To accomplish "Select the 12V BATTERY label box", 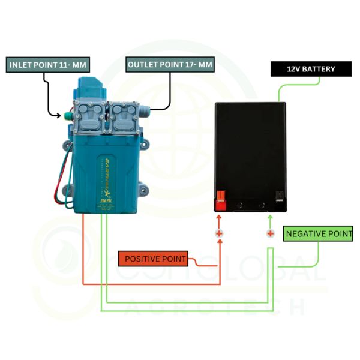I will [x=311, y=69].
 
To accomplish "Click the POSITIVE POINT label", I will [x=153, y=259].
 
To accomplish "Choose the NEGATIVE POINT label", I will [x=319, y=233].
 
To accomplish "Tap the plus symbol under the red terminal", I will [x=220, y=233].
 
